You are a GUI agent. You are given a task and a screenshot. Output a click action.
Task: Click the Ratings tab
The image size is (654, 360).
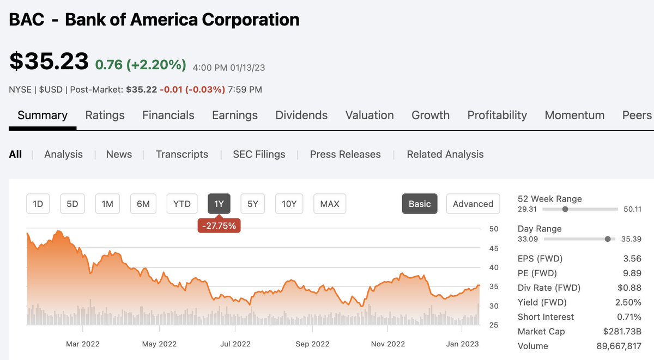coord(105,115)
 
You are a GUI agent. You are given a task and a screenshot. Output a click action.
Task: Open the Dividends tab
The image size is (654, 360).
coord(301,115)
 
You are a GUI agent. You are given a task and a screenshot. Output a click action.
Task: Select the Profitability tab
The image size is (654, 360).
coord(497,115)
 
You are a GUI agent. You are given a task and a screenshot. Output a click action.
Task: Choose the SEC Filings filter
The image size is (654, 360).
coord(259,154)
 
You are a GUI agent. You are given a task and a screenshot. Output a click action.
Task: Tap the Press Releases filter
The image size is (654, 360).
coord(345,154)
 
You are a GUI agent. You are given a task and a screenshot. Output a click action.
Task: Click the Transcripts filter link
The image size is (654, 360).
coord(181,154)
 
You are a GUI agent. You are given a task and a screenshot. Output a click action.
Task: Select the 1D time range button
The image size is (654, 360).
coord(38,204)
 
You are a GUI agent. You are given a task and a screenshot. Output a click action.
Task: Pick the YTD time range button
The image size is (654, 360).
coord(181,204)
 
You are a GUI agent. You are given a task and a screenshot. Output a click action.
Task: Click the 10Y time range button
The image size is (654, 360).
coord(289,204)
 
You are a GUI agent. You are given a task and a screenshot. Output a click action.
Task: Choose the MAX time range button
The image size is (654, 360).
coord(330,204)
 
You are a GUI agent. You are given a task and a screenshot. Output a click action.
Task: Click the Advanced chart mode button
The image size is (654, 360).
coord(473,204)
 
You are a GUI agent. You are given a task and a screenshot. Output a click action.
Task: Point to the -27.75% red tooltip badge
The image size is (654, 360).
coord(219,225)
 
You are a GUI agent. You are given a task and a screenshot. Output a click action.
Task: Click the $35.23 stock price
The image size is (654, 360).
coord(49,61)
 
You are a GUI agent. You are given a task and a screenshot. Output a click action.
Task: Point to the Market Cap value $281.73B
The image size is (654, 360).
coord(622,331)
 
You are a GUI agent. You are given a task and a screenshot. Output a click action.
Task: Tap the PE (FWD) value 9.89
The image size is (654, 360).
coord(631,273)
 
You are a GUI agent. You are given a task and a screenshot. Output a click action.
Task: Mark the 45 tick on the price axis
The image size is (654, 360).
coord(493,248)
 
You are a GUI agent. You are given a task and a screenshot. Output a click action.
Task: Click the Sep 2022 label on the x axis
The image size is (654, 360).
coord(313,344)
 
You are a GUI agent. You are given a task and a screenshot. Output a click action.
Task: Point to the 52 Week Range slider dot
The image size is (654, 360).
coord(565,209)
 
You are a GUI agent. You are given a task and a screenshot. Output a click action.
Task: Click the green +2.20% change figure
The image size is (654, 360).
coord(156,65)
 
